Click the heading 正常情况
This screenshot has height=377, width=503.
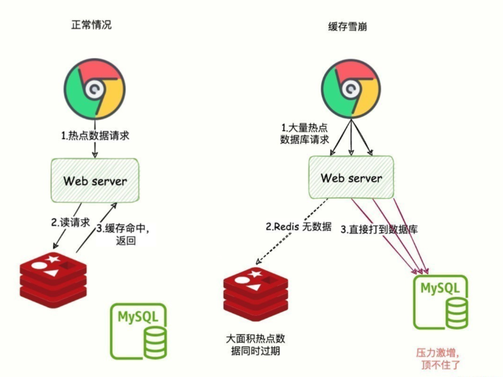point(92,25)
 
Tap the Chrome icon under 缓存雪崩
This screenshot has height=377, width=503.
point(349,88)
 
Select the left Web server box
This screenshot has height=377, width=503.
point(95,180)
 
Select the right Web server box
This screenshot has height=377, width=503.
point(351,178)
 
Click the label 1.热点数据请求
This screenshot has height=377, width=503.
point(95,136)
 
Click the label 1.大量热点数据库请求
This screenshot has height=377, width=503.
point(305,134)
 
